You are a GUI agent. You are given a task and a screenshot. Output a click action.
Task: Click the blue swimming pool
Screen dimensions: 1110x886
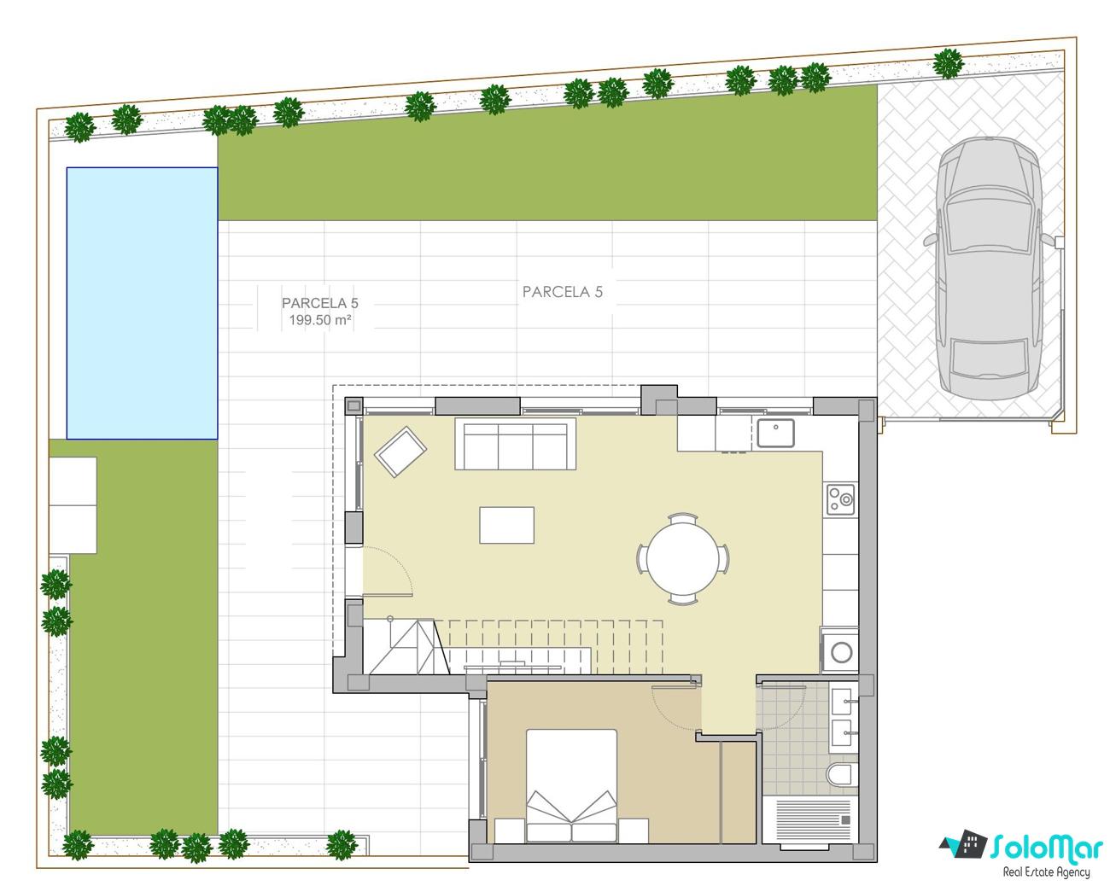(142, 303)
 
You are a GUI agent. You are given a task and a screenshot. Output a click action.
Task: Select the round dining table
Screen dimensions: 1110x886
(683, 558)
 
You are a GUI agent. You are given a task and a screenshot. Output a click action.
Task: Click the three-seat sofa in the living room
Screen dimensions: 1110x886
(515, 444)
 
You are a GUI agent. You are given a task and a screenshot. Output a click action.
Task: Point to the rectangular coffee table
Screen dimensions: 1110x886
(506, 525)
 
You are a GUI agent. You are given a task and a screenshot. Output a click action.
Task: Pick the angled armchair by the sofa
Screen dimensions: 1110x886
(400, 452)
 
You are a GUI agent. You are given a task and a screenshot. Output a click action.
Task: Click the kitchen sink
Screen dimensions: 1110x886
(775, 433)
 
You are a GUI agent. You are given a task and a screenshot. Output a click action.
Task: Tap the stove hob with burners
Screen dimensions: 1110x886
(840, 498)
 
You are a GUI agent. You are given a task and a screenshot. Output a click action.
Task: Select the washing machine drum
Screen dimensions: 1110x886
(841, 652)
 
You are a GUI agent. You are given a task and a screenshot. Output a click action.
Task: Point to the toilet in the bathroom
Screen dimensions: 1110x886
(841, 774)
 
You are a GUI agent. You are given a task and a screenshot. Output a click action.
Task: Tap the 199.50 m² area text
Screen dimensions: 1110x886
(320, 320)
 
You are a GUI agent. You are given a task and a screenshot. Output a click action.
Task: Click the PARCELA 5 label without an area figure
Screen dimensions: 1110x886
(562, 292)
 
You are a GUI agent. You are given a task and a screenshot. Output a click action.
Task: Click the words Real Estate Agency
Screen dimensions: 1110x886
(1046, 872)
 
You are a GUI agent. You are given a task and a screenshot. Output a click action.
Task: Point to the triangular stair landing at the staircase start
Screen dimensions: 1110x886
(407, 647)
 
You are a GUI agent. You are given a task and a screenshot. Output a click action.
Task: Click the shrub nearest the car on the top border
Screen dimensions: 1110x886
(948, 63)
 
